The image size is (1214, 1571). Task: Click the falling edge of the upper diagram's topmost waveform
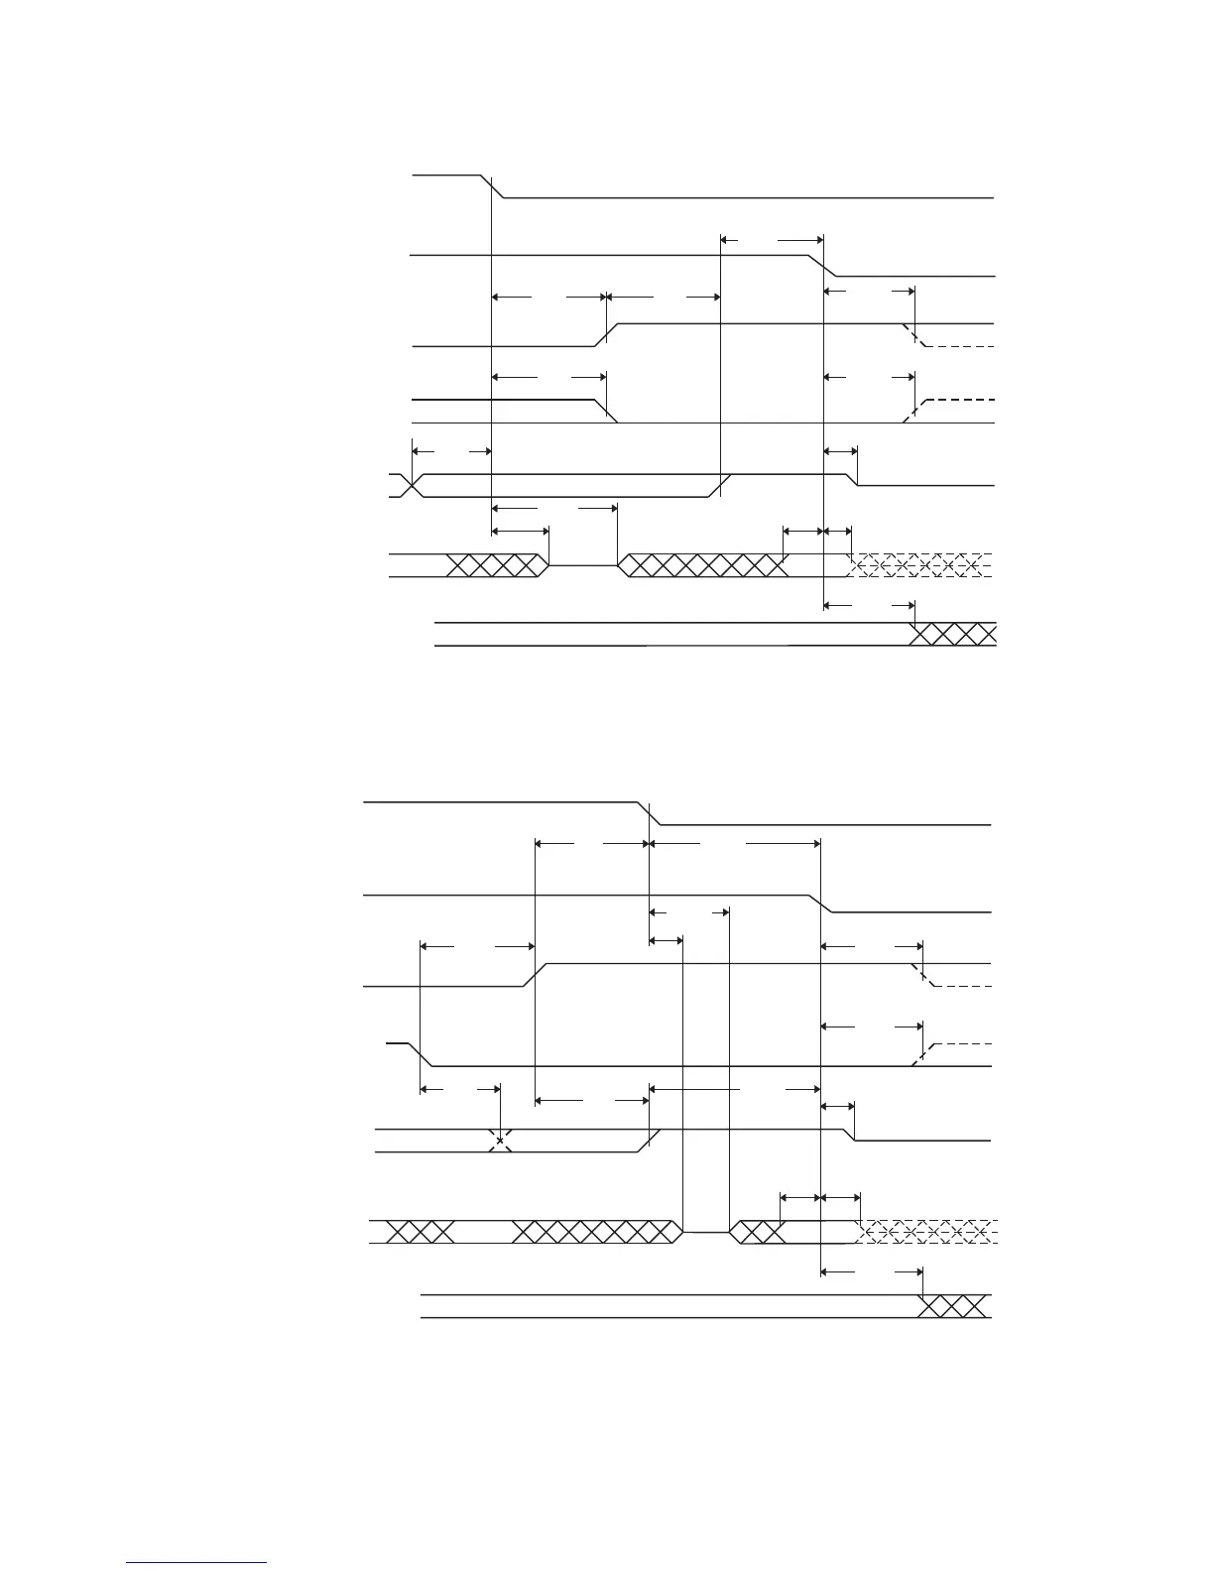(x=494, y=186)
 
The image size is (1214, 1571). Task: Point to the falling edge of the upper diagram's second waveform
(x=825, y=266)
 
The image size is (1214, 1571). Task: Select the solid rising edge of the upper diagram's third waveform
(x=606, y=335)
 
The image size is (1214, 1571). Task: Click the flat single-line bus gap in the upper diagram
(x=582, y=565)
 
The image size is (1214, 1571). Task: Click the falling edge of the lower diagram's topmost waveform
(x=650, y=812)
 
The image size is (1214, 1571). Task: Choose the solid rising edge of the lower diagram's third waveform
(x=535, y=975)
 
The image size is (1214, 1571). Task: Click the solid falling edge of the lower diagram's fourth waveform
(x=422, y=1055)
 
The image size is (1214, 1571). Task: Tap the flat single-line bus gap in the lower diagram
(x=705, y=1232)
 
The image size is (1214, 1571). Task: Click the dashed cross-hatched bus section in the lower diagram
(x=926, y=1232)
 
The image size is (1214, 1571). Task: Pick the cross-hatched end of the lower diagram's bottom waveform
(x=953, y=1306)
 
